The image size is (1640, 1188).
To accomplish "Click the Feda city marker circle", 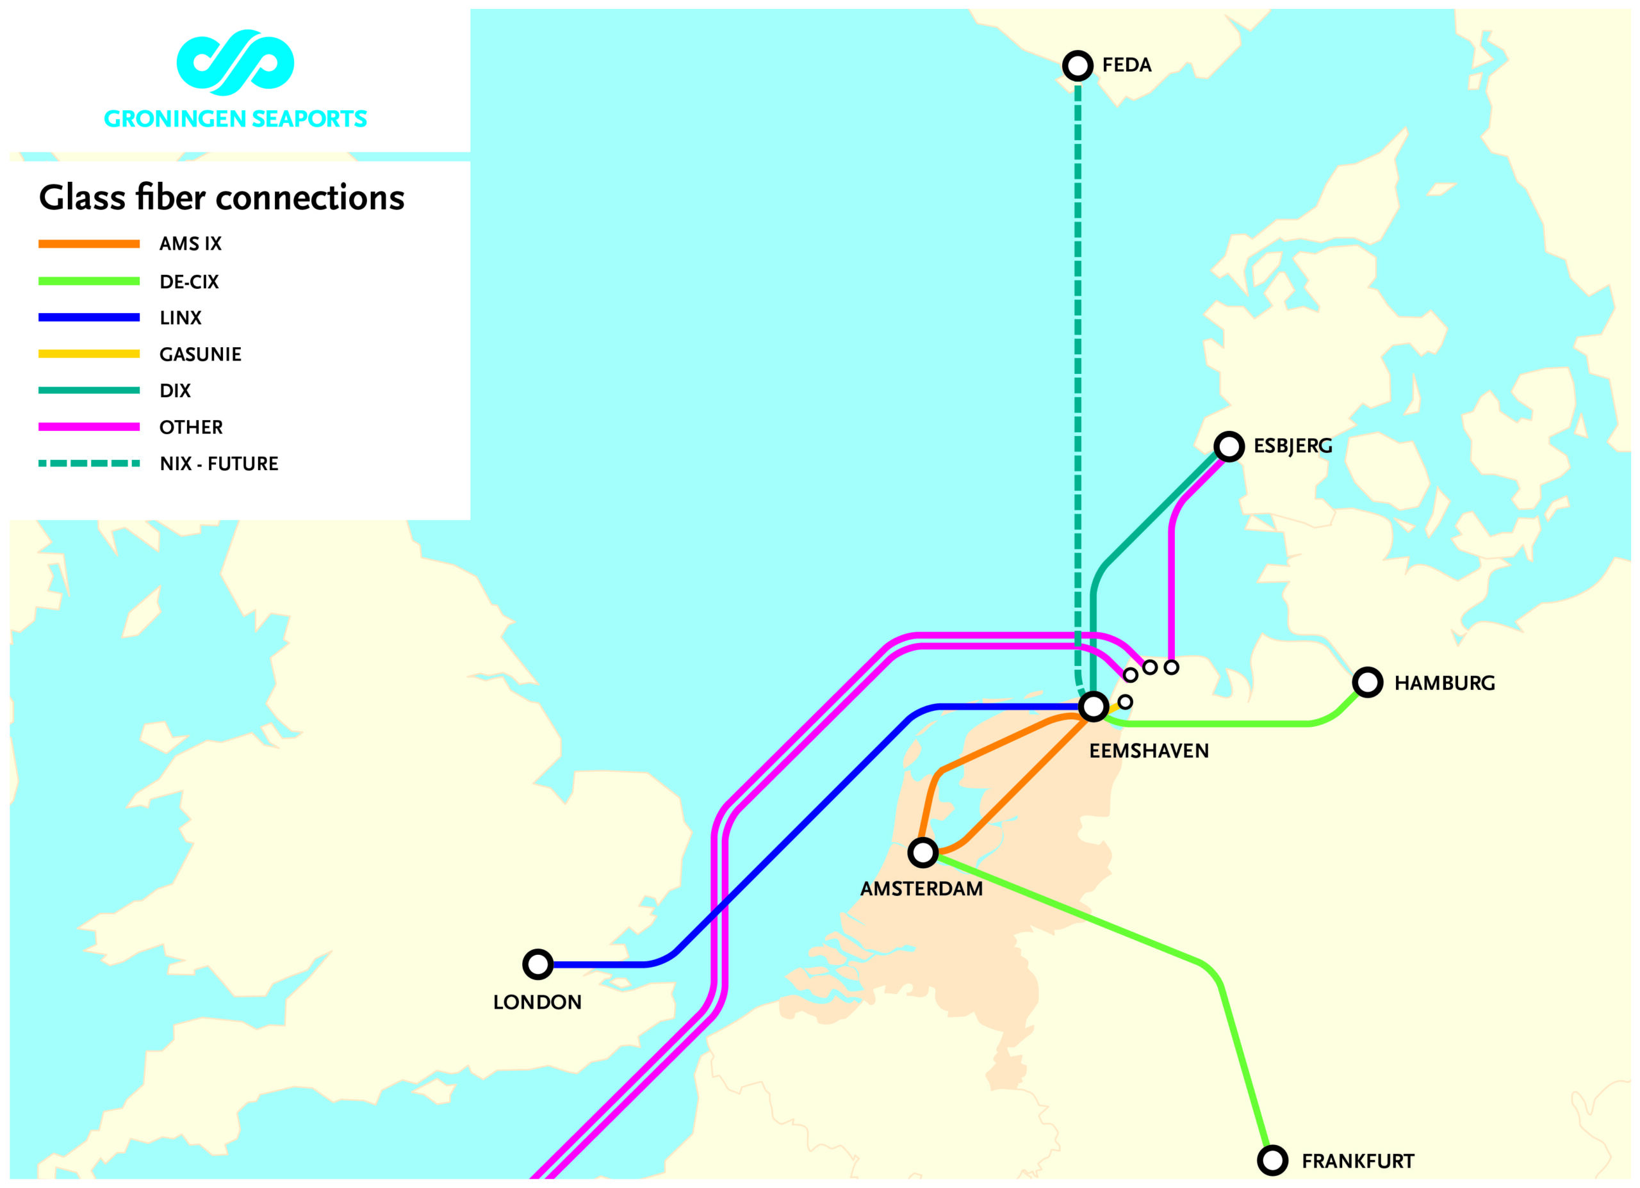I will [1078, 66].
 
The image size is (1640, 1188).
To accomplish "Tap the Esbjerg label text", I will [1292, 446].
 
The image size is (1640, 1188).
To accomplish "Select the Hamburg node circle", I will [1367, 682].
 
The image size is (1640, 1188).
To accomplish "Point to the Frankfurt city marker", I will [1273, 1160].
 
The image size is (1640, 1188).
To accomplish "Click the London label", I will [537, 1002].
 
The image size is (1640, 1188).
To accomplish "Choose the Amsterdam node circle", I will [922, 852].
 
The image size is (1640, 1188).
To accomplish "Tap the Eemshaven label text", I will [1149, 751].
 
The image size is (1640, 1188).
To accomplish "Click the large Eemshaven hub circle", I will [1094, 706].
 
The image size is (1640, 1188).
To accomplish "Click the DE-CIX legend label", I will [189, 282].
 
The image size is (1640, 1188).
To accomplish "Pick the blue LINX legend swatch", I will [89, 318].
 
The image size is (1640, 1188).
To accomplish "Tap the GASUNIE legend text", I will [201, 354].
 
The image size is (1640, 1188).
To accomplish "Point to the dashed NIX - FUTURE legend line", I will [89, 464].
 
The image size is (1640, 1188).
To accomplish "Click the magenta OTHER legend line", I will [89, 427].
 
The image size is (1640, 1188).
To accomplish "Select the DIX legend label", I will [175, 391].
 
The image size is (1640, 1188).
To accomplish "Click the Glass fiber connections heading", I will [221, 197].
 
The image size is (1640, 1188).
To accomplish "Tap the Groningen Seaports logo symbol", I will [235, 62].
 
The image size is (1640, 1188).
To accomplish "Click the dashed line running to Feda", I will [1078, 362].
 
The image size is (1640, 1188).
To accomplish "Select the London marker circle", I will [538, 964].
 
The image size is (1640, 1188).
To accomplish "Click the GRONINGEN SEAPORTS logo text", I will [235, 118].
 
